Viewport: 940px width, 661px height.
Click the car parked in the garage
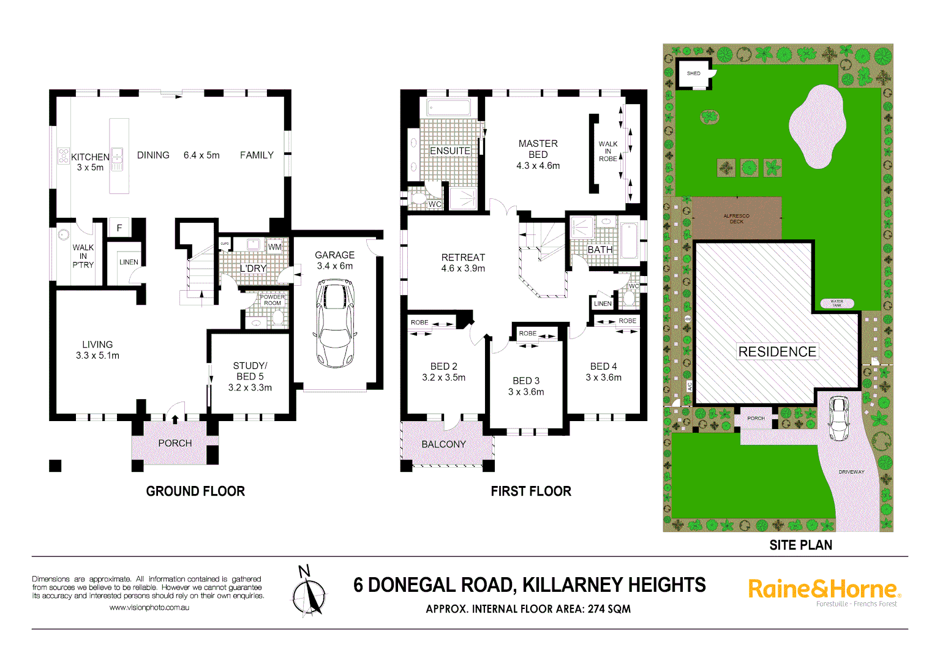point(335,323)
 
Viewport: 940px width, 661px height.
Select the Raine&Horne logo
point(824,590)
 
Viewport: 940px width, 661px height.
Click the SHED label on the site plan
point(693,73)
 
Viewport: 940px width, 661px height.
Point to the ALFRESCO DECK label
point(736,218)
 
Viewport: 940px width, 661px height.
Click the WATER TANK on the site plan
point(837,302)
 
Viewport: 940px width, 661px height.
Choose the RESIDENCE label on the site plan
point(777,352)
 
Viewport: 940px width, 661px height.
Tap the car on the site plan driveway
point(838,418)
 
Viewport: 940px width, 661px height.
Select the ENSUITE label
point(450,151)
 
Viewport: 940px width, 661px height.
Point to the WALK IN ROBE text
point(607,151)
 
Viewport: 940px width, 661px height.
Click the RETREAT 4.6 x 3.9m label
point(463,263)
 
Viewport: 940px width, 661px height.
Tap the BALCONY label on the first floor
point(443,444)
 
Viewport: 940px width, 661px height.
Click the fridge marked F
point(119,228)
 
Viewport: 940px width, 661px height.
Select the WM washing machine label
point(274,247)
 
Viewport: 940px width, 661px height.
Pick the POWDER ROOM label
point(273,300)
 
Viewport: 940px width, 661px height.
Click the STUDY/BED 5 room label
point(250,376)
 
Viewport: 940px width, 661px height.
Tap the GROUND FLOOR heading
point(195,491)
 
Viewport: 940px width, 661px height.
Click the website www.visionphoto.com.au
point(149,608)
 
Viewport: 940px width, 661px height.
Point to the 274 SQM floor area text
point(609,609)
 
